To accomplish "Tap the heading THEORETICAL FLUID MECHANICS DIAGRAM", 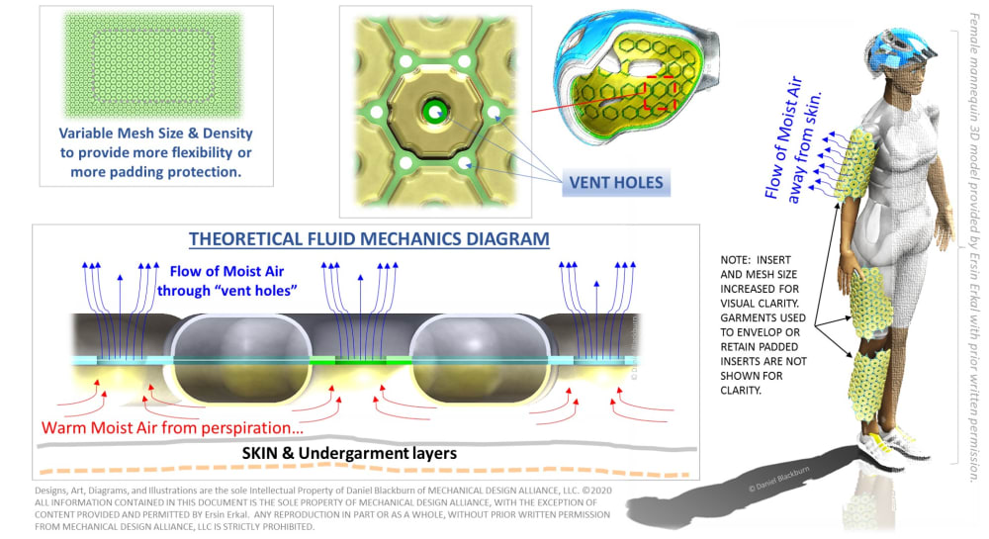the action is pyautogui.click(x=369, y=239).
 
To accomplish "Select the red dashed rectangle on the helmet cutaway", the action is pyautogui.click(x=660, y=91).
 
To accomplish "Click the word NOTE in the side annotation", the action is pyautogui.click(x=741, y=261).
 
